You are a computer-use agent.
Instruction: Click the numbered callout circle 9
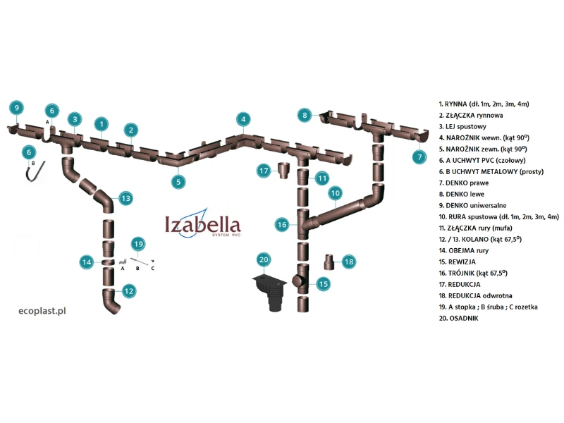16,107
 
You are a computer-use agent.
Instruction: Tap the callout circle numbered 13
125,198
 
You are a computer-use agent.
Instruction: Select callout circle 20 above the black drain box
264,259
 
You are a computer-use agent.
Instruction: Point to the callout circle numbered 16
282,224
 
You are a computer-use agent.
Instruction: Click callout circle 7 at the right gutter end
419,157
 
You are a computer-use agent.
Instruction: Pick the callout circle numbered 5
179,180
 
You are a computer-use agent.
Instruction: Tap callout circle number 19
139,244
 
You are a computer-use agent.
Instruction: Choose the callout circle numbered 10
336,192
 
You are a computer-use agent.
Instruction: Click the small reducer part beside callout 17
285,171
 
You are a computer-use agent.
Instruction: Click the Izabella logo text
202,224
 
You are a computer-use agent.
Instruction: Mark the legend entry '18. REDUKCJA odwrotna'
482,295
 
